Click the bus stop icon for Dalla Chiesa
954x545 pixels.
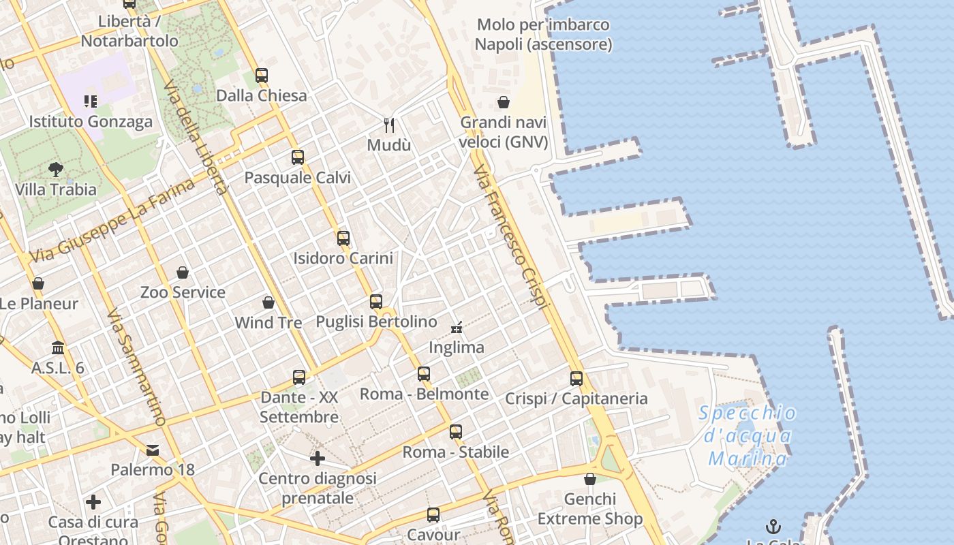(262, 76)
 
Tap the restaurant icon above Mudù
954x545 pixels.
(389, 125)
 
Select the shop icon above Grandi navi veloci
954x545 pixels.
(504, 102)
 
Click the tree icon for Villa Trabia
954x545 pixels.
(56, 169)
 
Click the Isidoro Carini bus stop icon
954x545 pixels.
(343, 238)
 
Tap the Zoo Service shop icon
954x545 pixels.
(183, 272)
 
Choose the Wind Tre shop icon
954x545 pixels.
(268, 302)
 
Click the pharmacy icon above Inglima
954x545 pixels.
(457, 328)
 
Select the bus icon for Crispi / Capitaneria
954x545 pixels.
(576, 379)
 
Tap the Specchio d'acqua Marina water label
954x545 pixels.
(748, 435)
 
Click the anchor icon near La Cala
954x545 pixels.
(773, 527)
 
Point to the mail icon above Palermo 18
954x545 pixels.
(153, 450)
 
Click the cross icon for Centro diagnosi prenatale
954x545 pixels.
(317, 458)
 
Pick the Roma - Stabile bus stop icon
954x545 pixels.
(456, 432)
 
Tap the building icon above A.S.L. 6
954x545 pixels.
(58, 348)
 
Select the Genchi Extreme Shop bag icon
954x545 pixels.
(590, 479)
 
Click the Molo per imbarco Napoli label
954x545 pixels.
(543, 35)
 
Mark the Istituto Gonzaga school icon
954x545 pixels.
(91, 102)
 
